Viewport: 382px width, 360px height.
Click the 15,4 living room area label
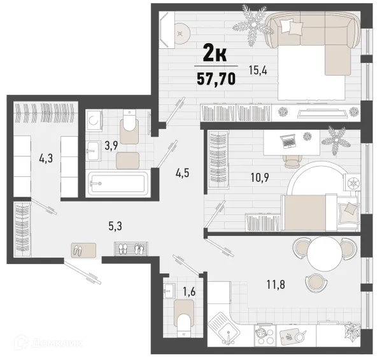tap(258, 71)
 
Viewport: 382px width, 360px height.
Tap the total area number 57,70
tap(216, 79)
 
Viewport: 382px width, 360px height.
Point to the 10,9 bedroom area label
tap(260, 177)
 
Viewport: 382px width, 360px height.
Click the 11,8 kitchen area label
tap(276, 284)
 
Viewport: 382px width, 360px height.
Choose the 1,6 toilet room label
tap(189, 291)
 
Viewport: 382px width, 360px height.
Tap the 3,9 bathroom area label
tap(111, 146)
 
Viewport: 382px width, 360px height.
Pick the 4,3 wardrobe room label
tap(46, 158)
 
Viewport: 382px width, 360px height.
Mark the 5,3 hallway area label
tap(115, 226)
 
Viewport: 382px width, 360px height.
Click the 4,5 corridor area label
tap(182, 173)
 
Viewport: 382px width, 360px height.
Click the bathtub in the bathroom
tap(118, 183)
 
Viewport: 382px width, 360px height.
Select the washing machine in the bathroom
tap(94, 121)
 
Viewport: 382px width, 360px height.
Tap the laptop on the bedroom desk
tap(288, 141)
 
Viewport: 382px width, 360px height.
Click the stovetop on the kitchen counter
tap(265, 335)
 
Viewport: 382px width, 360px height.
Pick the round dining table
tap(324, 254)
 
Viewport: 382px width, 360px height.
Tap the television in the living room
tap(322, 113)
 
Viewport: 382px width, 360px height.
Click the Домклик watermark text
tap(57, 343)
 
